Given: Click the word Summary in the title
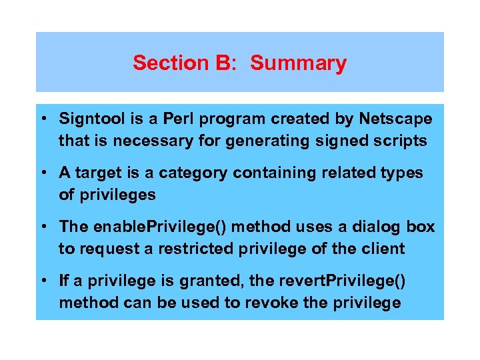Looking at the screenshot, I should click(298, 63).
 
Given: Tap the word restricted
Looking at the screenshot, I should click(173, 249).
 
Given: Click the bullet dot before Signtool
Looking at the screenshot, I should click(42, 120).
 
